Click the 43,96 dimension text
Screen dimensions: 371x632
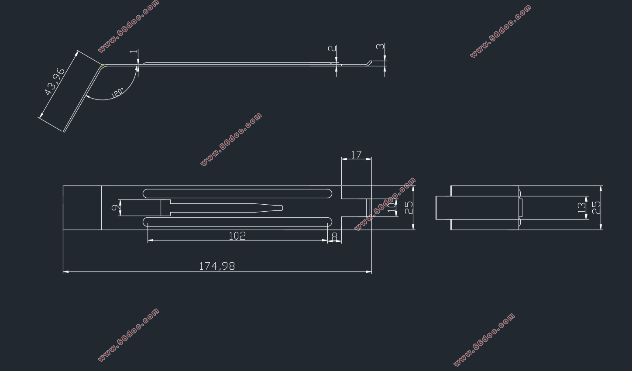pyautogui.click(x=55, y=82)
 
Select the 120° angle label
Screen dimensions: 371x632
pyautogui.click(x=117, y=93)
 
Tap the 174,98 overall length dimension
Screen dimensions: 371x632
pyautogui.click(x=217, y=266)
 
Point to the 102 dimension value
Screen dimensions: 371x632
pyautogui.click(x=237, y=236)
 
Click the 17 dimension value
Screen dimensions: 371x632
pyautogui.click(x=356, y=155)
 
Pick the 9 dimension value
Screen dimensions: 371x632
pyautogui.click(x=114, y=208)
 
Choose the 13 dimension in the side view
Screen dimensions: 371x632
pyautogui.click(x=582, y=208)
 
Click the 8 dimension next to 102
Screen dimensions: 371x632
pyautogui.click(x=335, y=236)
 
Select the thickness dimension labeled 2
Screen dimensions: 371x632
pyautogui.click(x=334, y=48)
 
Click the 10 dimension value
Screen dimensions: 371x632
pyautogui.click(x=392, y=206)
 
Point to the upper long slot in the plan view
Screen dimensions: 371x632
pyautogui.click(x=238, y=193)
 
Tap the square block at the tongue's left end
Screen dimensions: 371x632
pyautogui.click(x=166, y=208)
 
